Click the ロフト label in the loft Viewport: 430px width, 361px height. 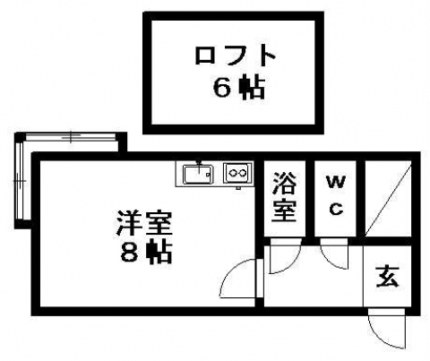coord(235,56)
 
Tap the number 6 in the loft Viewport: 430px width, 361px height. coord(222,88)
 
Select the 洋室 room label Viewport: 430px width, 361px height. coord(145,224)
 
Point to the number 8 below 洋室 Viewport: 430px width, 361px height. coord(129,254)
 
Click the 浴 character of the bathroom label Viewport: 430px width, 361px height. coord(284,183)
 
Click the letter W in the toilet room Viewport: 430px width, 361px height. coord(336,182)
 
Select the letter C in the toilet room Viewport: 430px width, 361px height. coord(336,209)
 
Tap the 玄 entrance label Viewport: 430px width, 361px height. coord(387,277)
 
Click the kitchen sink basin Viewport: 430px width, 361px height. coord(198,174)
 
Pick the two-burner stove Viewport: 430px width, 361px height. coord(237,173)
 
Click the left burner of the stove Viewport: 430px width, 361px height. coord(232,173)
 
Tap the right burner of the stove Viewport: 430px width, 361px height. coord(243,173)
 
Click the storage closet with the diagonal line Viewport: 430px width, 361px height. coord(388,199)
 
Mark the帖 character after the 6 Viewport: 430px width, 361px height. coord(253,88)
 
